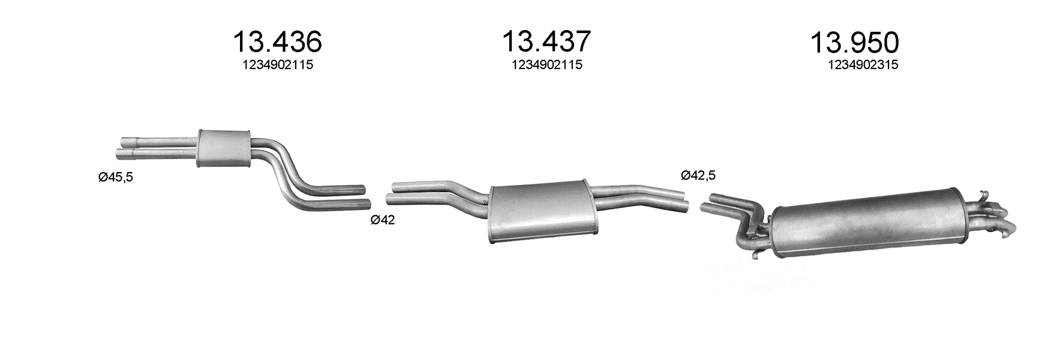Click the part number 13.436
coord(277,42)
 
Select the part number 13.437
coord(546,41)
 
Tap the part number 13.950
coord(854,43)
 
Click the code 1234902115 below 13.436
coord(278,65)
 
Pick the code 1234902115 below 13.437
coord(546,65)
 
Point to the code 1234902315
coord(863,65)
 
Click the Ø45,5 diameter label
coord(116,177)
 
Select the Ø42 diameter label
coord(383,220)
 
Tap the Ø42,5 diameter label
coord(698,175)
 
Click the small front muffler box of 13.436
coord(223,148)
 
